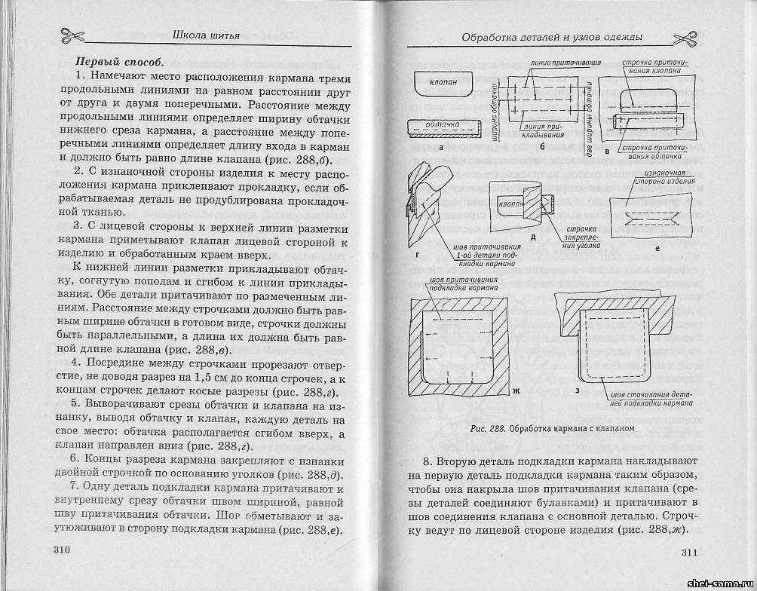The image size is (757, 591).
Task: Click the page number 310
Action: (x=62, y=550)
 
